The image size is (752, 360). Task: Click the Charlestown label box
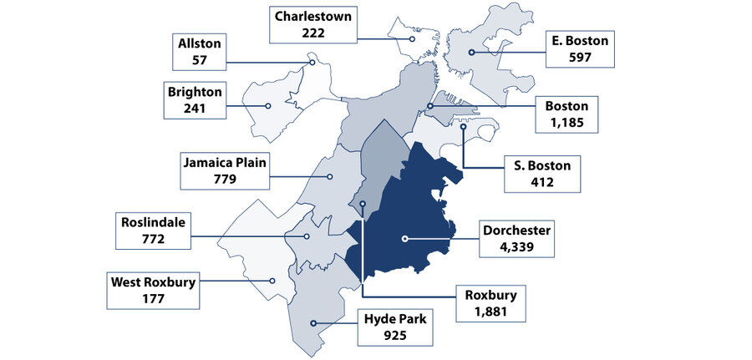pyautogui.click(x=309, y=25)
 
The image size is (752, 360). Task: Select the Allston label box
pyautogui.click(x=198, y=51)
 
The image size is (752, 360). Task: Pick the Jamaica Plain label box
pyautogui.click(x=225, y=170)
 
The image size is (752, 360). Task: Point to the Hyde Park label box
pyautogui.click(x=396, y=327)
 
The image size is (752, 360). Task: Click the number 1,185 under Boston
pyautogui.click(x=567, y=122)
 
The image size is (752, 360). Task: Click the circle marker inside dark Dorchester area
pyautogui.click(x=404, y=239)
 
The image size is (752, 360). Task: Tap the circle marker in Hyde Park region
pyautogui.click(x=312, y=323)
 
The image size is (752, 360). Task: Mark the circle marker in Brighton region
pyautogui.click(x=268, y=106)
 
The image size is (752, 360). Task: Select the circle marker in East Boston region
pyautogui.click(x=472, y=53)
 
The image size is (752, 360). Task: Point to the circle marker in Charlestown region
pyautogui.click(x=413, y=38)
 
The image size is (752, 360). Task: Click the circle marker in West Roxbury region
pyautogui.click(x=271, y=281)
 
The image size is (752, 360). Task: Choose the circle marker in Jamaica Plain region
pyautogui.click(x=330, y=176)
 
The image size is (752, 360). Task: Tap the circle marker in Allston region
pyautogui.click(x=312, y=61)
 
